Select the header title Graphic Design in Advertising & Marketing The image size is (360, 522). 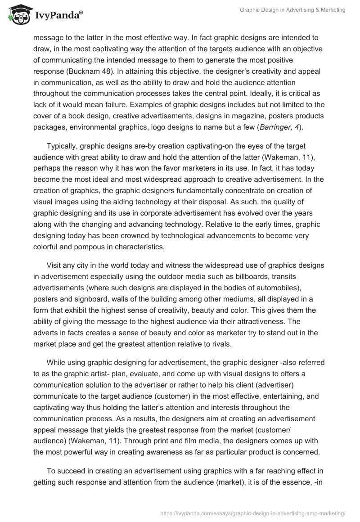click(292, 10)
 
